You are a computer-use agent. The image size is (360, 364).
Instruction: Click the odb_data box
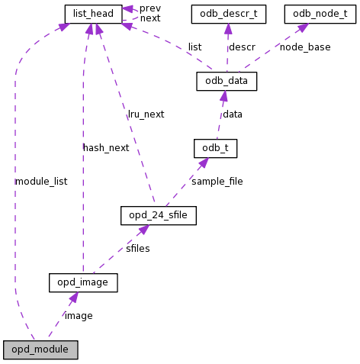coord(227,81)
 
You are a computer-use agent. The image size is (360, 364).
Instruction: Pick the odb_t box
coord(215,148)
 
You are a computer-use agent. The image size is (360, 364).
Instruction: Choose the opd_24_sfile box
coord(159,215)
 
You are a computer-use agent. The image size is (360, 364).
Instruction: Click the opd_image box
coord(83,282)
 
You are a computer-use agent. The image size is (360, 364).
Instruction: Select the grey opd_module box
coord(40,350)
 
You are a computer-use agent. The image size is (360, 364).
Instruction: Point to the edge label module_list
coord(41,182)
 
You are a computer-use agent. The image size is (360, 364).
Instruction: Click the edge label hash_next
coord(106,148)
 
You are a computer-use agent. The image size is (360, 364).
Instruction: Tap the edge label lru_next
coord(146,114)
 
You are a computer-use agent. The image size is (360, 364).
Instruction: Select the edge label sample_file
coord(217,182)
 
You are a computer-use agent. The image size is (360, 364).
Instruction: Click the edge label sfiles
coord(138,249)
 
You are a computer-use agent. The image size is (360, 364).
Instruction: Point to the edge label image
coord(79,316)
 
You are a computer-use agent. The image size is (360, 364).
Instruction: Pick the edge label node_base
coord(305,47)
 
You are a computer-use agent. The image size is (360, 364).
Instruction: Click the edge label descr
coord(243,47)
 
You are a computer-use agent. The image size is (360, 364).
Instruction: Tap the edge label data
coord(233,114)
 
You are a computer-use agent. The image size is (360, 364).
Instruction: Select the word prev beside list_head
coord(150,8)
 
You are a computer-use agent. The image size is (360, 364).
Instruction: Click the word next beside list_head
coord(150,18)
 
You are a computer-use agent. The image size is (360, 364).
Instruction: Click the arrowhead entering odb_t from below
coord(204,163)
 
